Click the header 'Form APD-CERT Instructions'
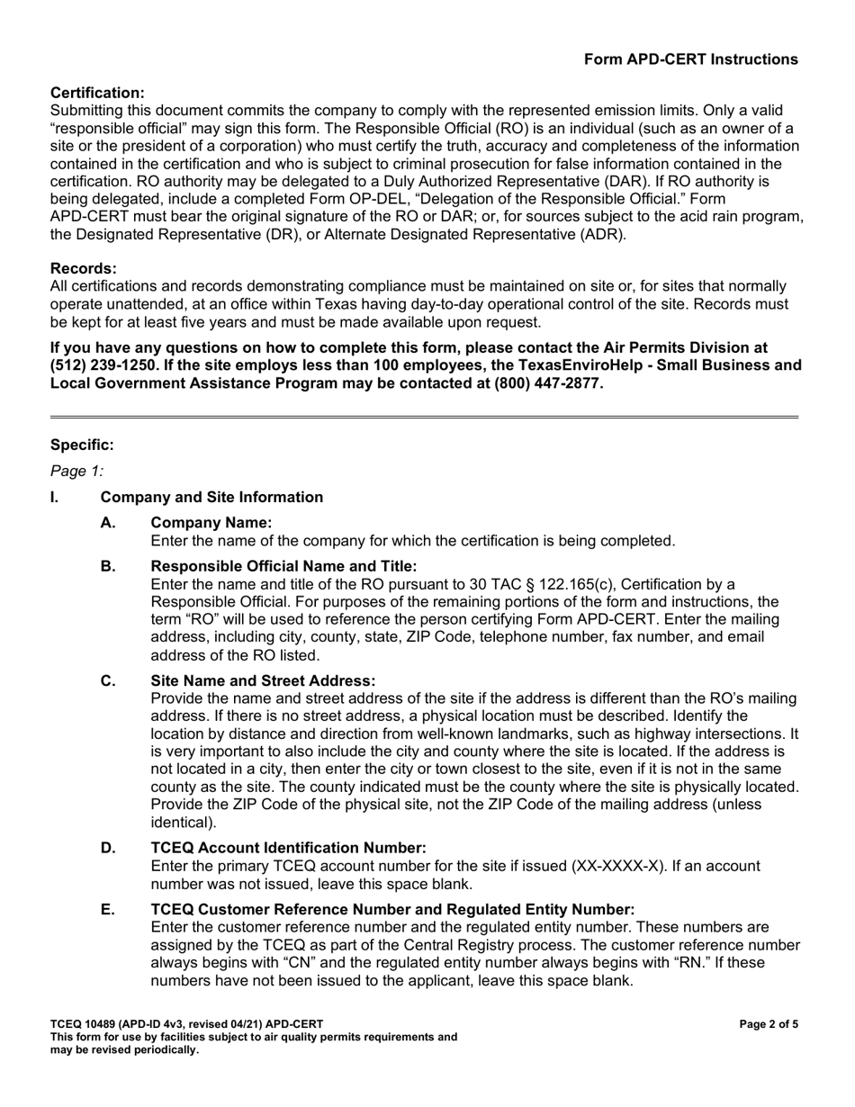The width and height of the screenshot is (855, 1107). pyautogui.click(x=690, y=59)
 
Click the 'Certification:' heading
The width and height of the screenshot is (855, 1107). pyautogui.click(x=97, y=93)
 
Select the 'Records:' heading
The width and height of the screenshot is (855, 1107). pyautogui.click(x=84, y=268)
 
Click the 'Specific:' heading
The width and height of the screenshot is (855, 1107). pyautogui.click(x=82, y=445)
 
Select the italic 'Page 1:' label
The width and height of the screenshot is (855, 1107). pyautogui.click(x=77, y=470)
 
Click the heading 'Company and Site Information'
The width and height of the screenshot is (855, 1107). pyautogui.click(x=211, y=497)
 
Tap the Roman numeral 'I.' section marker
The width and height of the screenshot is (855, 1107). pyautogui.click(x=55, y=497)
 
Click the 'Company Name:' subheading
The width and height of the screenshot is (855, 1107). pyautogui.click(x=211, y=523)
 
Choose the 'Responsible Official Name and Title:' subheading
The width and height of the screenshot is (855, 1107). pyautogui.click(x=283, y=565)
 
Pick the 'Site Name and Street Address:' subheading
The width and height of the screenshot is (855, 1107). pyautogui.click(x=263, y=680)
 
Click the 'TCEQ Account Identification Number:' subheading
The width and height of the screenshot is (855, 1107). pyautogui.click(x=288, y=847)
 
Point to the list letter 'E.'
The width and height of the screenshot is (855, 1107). pyautogui.click(x=108, y=910)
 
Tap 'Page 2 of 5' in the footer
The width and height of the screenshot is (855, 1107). pyautogui.click(x=768, y=1024)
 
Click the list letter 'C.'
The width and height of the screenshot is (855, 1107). pyautogui.click(x=108, y=680)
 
